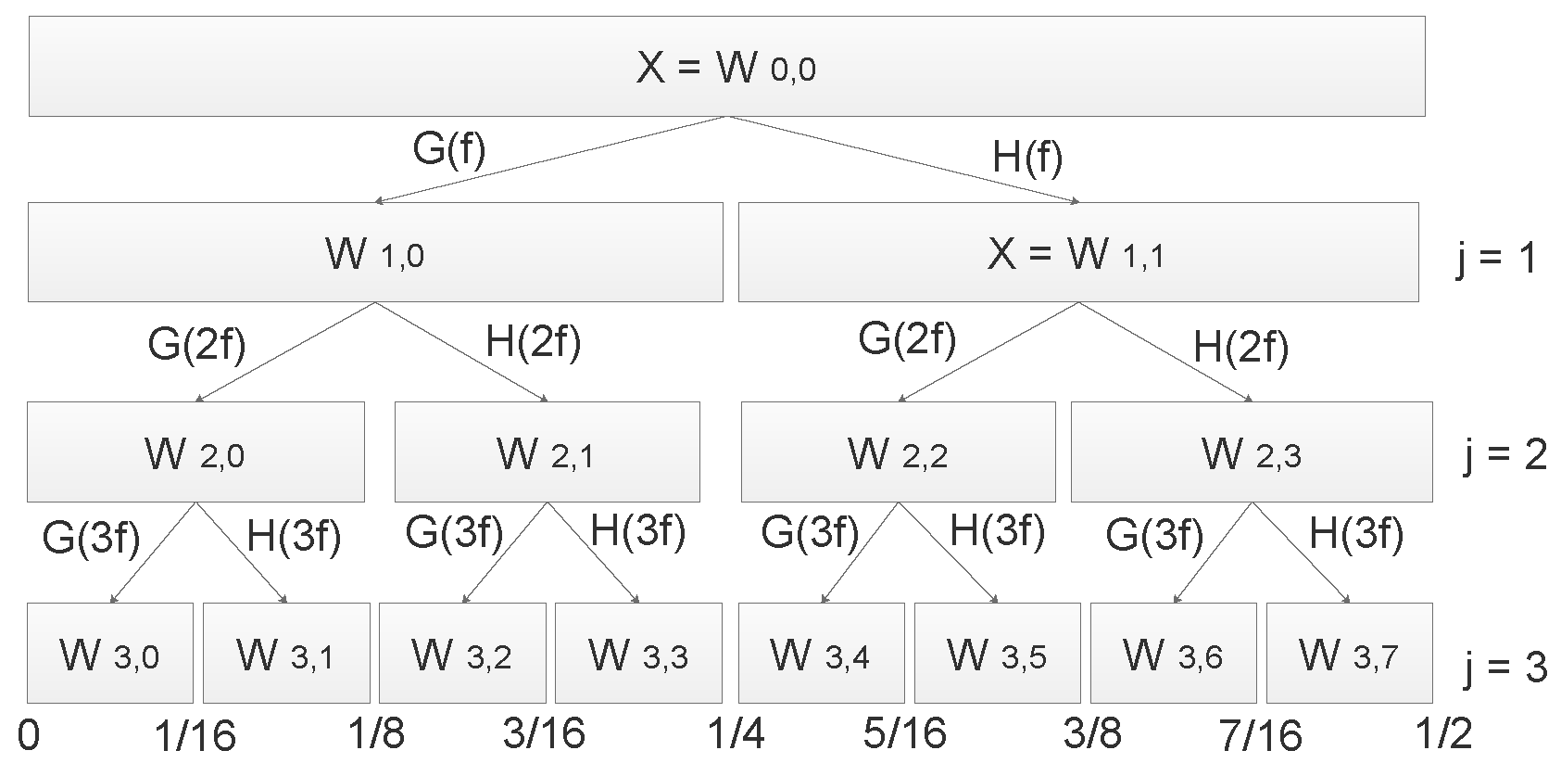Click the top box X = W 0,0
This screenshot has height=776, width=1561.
726,67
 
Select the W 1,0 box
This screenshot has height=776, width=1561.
375,252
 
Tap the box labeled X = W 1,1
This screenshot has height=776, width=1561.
1077,252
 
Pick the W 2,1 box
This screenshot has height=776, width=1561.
547,452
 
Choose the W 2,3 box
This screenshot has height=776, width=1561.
1251,452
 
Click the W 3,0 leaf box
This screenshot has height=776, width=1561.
109,654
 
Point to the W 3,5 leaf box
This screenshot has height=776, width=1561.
997,654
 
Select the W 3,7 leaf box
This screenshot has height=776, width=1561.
1349,654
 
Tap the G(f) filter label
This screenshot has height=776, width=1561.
448,148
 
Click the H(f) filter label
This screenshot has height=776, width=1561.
1027,158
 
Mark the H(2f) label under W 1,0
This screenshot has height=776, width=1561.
534,343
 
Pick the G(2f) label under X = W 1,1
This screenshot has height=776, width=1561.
907,339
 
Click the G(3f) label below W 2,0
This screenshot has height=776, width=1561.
91,538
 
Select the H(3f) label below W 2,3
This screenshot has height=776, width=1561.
1356,534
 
